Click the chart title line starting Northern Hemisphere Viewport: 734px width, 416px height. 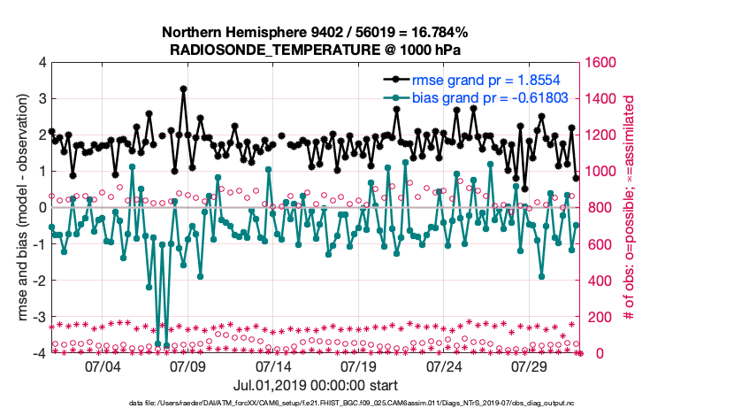pyautogui.click(x=315, y=33)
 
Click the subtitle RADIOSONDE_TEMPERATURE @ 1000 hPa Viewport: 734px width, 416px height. pyautogui.click(x=315, y=50)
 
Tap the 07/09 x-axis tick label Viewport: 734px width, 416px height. pyautogui.click(x=187, y=366)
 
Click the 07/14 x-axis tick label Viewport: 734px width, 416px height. pyautogui.click(x=273, y=366)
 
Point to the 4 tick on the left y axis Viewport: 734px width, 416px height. pyautogui.click(x=42, y=63)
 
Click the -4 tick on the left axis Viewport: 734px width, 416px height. pyautogui.click(x=38, y=353)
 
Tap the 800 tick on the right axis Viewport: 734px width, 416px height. pyautogui.click(x=600, y=208)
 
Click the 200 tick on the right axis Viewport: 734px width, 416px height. pyautogui.click(x=600, y=317)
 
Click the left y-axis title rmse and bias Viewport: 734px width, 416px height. pyautogui.click(x=19, y=208)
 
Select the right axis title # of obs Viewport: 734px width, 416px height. pyautogui.click(x=631, y=208)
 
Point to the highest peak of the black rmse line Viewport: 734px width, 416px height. pyautogui.click(x=183, y=89)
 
